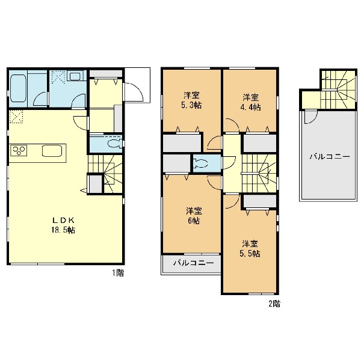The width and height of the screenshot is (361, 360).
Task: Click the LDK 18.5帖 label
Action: coord(63,225)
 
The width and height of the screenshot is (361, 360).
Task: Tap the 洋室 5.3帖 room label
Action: coord(191,100)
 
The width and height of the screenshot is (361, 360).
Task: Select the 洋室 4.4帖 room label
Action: coord(251,102)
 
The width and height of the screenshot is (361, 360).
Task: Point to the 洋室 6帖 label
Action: coord(194,216)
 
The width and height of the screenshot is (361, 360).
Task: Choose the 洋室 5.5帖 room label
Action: coord(250,249)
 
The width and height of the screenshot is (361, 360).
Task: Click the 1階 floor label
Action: coord(118,273)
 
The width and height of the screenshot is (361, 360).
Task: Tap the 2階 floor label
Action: coord(274,304)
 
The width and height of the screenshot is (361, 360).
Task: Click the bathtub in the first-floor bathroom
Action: coord(19,88)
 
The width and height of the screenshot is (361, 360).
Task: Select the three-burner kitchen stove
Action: coord(18,151)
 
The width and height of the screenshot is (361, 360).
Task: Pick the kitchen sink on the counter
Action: coord(52,151)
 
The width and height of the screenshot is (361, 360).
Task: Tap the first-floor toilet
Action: coord(115,144)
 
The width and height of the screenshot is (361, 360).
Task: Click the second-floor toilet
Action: coord(201,163)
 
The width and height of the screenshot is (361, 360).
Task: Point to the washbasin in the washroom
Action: coord(75,76)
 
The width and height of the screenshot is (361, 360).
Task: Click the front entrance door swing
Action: coord(134,92)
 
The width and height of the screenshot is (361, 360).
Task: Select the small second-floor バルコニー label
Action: coord(193,263)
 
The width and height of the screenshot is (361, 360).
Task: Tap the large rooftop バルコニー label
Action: coord(330,157)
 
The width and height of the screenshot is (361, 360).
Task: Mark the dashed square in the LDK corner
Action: coord(16,117)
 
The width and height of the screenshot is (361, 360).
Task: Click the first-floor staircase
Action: coord(106,174)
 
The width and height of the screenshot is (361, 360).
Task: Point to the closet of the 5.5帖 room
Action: coord(260,201)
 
